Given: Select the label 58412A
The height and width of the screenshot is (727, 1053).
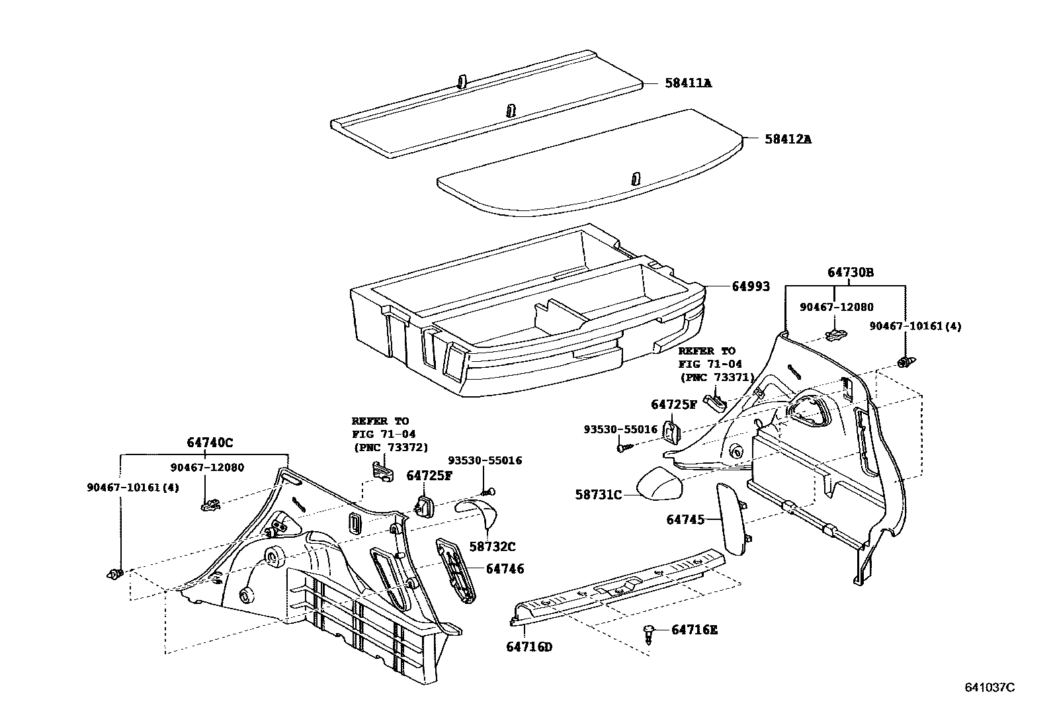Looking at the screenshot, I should (x=788, y=140).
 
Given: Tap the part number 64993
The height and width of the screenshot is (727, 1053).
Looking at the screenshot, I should (x=750, y=286).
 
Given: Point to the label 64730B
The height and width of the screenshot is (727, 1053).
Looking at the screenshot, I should (x=850, y=273).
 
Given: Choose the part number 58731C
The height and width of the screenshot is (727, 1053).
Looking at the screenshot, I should (x=598, y=494).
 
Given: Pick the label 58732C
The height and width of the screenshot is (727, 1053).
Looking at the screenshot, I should (x=492, y=546).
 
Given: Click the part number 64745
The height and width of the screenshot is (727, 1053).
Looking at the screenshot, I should (x=686, y=521).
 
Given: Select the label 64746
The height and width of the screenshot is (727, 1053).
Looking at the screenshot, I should (x=505, y=568).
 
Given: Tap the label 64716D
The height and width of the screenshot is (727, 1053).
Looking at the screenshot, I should (x=528, y=646).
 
